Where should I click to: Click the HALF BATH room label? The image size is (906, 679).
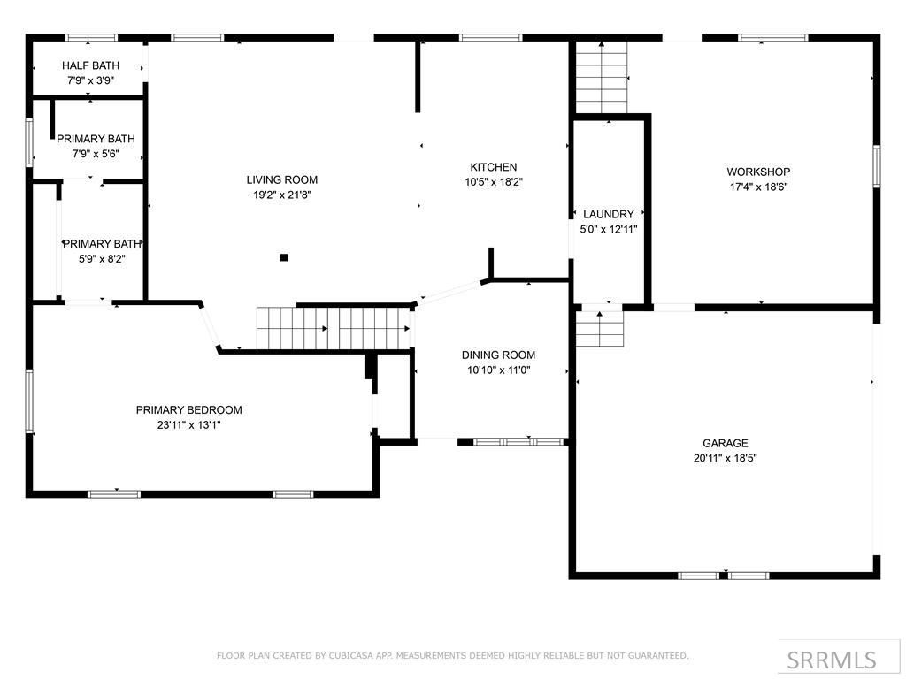pos(90,66)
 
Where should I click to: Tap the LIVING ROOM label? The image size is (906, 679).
pos(281,180)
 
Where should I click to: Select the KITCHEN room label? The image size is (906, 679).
pos(493,167)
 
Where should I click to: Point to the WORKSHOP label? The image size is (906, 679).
pos(758,172)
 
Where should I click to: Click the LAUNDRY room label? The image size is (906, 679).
pos(609,214)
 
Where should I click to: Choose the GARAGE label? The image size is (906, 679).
pos(726,443)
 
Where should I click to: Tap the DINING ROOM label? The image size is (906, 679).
pos(498,355)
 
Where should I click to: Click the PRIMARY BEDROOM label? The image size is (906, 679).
pos(188,410)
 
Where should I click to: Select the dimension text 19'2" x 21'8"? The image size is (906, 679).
pos(281,195)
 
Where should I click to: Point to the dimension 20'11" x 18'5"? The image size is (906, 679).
pos(726,458)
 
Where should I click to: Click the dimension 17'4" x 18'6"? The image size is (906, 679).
pos(758,187)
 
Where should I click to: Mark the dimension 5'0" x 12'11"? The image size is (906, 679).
pos(609,229)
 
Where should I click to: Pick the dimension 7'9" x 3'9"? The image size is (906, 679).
pos(90,80)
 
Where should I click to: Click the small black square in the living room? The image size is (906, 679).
pos(284,258)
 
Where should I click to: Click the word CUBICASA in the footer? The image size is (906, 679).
pos(347,656)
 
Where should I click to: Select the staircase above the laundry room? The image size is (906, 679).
pos(602,78)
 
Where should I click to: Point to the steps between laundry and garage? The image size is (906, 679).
pos(601,329)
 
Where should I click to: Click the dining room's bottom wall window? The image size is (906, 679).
pos(519,441)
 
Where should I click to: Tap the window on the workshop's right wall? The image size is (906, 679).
pos(876,166)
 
